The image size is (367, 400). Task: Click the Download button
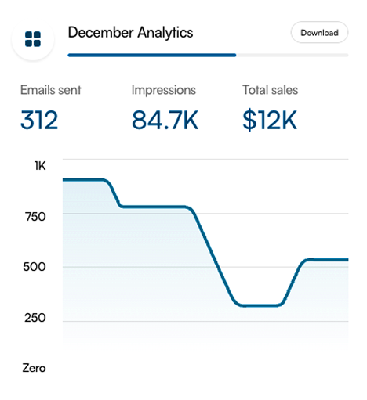tap(319, 33)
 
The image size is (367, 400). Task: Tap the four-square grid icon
tap(33, 38)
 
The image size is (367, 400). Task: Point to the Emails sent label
tap(50, 90)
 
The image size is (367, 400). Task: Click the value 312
tap(39, 120)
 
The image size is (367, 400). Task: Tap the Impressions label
tap(164, 90)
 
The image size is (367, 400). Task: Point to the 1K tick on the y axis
tap(40, 165)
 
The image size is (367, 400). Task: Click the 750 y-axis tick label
tap(36, 216)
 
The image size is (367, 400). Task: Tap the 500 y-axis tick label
tap(36, 267)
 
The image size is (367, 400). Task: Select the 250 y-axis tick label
tap(36, 318)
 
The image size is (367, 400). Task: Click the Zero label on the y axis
tap(34, 368)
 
